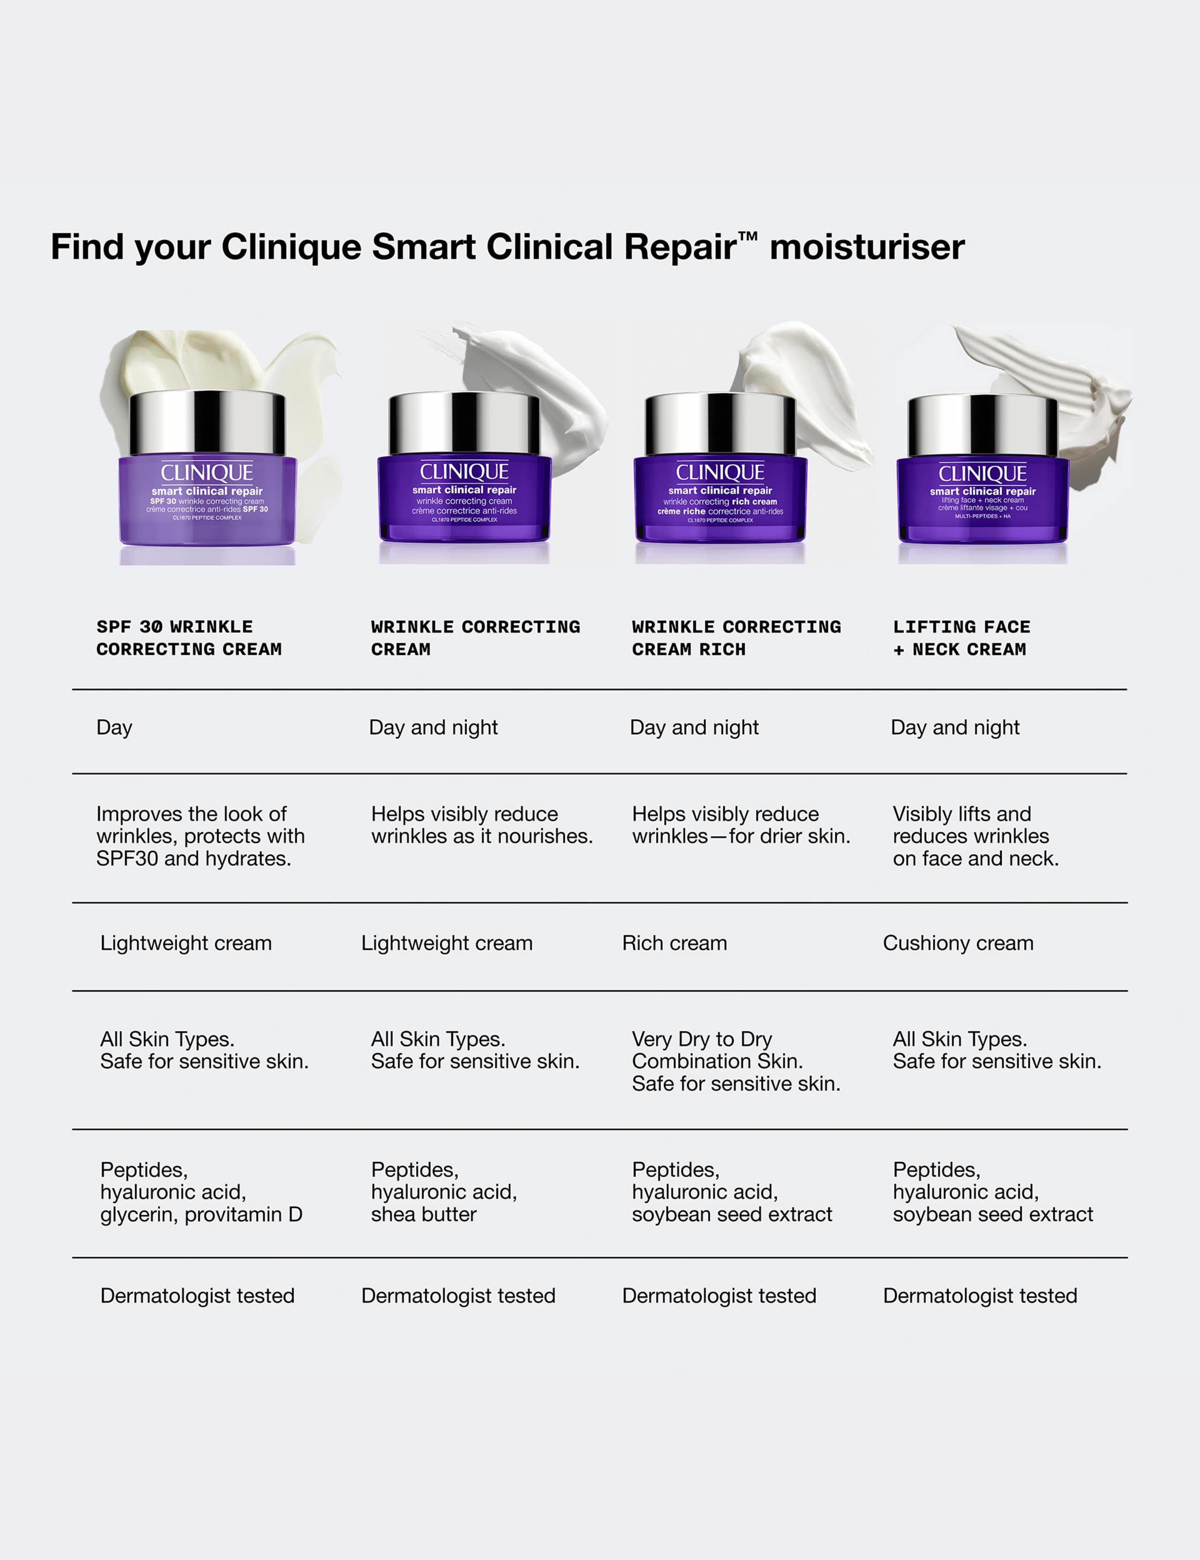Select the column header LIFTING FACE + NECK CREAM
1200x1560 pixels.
(x=961, y=638)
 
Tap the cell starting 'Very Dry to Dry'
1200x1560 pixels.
(x=736, y=1061)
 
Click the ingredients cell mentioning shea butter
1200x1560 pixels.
(x=443, y=1192)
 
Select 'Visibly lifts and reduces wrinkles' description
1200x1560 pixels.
(x=975, y=836)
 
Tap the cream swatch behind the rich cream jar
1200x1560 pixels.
(x=814, y=379)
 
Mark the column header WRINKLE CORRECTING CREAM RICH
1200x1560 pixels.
(x=736, y=638)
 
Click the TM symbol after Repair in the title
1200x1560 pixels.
(x=747, y=236)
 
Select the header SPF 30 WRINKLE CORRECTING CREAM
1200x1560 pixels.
(x=188, y=638)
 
